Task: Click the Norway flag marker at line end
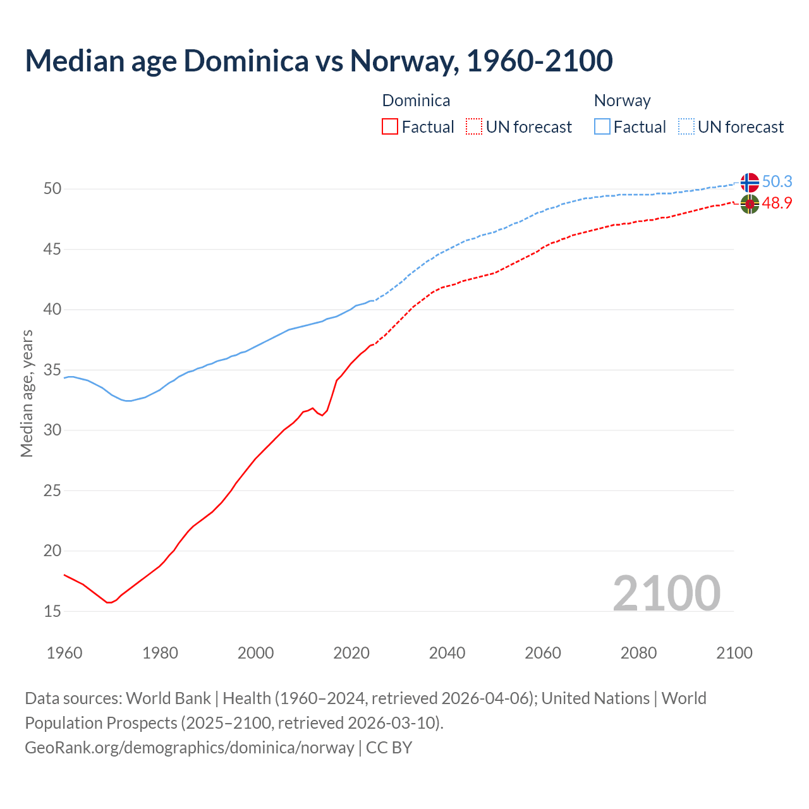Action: pos(750,182)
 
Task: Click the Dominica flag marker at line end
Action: pos(750,204)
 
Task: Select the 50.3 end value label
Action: pos(777,182)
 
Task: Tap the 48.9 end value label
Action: pos(777,204)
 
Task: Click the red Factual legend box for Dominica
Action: pos(390,127)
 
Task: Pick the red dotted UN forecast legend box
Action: pos(474,127)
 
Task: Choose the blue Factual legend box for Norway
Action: pos(602,127)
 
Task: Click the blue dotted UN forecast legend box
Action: pos(686,127)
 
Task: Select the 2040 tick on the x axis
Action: pos(447,653)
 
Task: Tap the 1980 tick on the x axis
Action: pos(160,653)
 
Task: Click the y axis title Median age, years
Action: pos(27,393)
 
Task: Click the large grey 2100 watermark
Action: pos(667,593)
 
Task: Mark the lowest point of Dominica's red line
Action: pos(109,602)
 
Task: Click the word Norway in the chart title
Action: pos(401,61)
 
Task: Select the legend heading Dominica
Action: pos(416,100)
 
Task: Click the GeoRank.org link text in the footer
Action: pos(189,748)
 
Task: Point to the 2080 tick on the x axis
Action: pos(638,653)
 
